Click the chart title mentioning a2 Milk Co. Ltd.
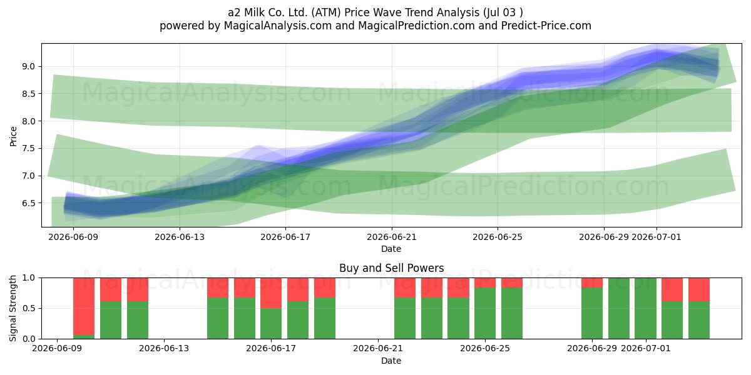[x=375, y=12]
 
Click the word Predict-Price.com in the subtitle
[x=546, y=26]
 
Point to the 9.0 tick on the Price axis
[x=29, y=66]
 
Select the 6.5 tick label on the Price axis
[x=29, y=203]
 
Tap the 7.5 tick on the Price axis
[x=29, y=148]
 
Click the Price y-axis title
[x=13, y=136]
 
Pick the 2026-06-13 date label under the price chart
[x=180, y=237]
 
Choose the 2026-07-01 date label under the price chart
[x=656, y=237]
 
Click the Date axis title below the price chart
[x=391, y=249]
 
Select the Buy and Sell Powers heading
[x=391, y=268]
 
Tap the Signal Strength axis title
[x=13, y=308]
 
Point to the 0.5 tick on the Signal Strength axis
[x=29, y=308]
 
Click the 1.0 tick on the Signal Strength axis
[x=29, y=277]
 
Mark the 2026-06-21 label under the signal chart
[x=378, y=349]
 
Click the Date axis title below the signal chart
[x=391, y=361]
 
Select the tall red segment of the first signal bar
[x=84, y=306]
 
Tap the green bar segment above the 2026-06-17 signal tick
[x=271, y=324]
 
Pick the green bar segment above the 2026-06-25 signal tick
[x=485, y=313]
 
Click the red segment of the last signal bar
[x=699, y=289]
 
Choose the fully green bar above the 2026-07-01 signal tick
[x=645, y=308]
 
